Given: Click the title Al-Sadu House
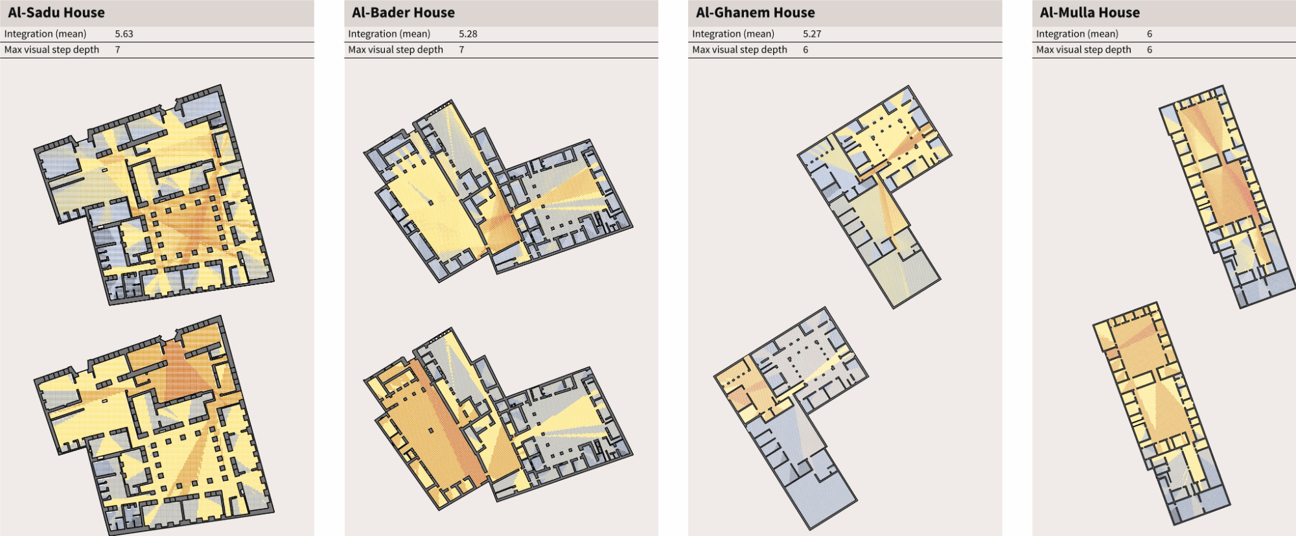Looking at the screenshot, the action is pyautogui.click(x=56, y=12).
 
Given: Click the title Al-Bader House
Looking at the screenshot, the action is pyautogui.click(x=403, y=12).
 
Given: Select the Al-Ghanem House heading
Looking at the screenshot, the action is pyautogui.click(x=755, y=12).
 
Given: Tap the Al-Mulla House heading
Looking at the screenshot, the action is pyautogui.click(x=1089, y=12).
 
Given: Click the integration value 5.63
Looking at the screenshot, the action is pyautogui.click(x=124, y=34).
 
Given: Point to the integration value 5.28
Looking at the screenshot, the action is pyautogui.click(x=468, y=34).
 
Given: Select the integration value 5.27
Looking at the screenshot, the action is pyautogui.click(x=812, y=34).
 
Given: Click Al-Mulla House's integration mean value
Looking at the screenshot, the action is pyautogui.click(x=1150, y=34).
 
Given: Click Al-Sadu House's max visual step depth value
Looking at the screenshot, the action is pyautogui.click(x=117, y=49).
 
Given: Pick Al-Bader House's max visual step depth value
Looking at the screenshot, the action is pyautogui.click(x=461, y=49).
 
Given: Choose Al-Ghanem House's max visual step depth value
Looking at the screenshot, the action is pyautogui.click(x=805, y=49).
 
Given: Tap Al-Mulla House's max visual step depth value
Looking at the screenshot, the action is pyautogui.click(x=1150, y=49).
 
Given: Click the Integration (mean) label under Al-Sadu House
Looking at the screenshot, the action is pyautogui.click(x=45, y=34).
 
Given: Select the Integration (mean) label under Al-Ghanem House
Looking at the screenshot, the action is pyautogui.click(x=734, y=34).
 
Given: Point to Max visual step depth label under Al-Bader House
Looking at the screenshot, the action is pyautogui.click(x=395, y=49).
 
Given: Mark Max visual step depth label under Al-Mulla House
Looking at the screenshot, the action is pyautogui.click(x=1083, y=49).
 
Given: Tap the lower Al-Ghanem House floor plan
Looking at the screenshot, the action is pyautogui.click(x=791, y=415).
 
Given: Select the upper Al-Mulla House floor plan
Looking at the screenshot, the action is pyautogui.click(x=1225, y=194).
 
